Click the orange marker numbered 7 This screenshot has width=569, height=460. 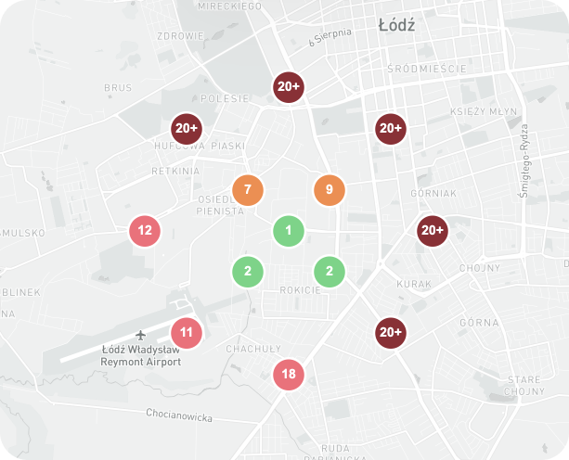point(248,190)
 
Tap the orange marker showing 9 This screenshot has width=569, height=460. point(330,190)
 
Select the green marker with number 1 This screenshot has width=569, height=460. point(289,231)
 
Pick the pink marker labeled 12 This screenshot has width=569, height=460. point(145,231)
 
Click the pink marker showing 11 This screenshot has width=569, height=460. point(187,332)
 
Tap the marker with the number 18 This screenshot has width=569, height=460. point(289,375)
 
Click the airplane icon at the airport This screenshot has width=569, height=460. point(141,334)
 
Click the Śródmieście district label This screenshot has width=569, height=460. point(425,69)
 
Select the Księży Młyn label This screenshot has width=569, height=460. point(483,111)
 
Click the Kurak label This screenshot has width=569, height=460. point(414,283)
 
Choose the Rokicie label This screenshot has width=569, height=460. point(300,290)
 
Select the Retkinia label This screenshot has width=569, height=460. point(175,171)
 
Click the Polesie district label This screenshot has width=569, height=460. point(225,98)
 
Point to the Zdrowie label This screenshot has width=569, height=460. point(181,36)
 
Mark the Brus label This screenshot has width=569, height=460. point(118,88)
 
